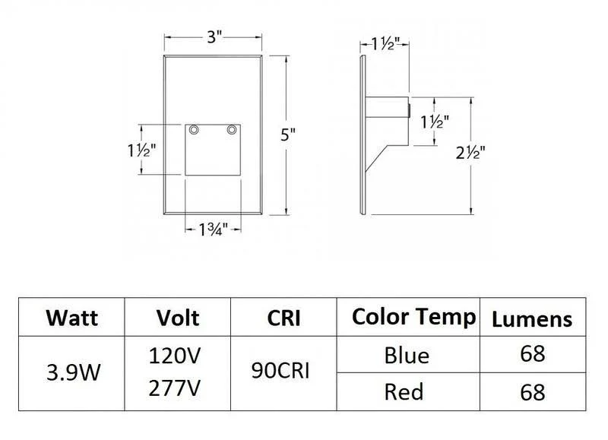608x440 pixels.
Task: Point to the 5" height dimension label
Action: tap(287, 136)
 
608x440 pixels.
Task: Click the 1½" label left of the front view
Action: tap(142, 150)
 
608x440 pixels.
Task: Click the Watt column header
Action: tap(71, 317)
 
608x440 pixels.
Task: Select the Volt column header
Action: tap(178, 317)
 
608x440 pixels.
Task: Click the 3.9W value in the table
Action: tap(71, 373)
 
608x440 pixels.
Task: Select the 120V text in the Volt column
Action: tap(178, 355)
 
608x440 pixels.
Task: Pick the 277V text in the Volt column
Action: tap(178, 391)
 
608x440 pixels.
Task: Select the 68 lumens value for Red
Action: tap(532, 392)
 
